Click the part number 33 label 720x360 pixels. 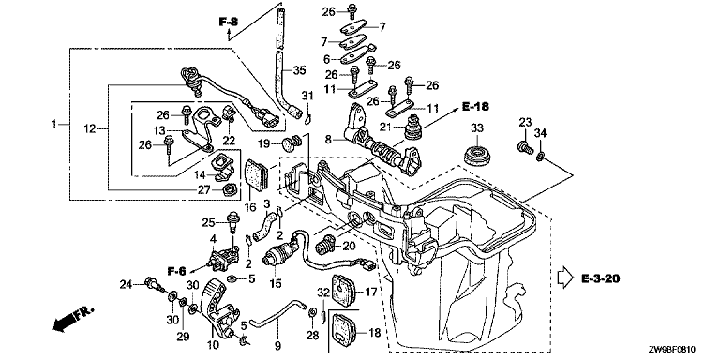coord(477,127)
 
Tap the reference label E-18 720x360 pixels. coord(474,107)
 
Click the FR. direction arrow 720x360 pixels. coord(72,318)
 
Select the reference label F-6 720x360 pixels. coord(177,271)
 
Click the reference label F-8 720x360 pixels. coord(228,21)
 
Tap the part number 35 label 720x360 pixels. coord(299,70)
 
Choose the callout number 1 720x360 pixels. coord(54,124)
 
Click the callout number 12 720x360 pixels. coord(90,129)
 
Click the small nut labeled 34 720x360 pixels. coord(540,157)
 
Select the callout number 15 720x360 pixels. coord(275,284)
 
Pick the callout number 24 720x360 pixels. coord(127,285)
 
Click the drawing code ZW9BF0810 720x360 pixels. coord(680,351)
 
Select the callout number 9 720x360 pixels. coord(277,345)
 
